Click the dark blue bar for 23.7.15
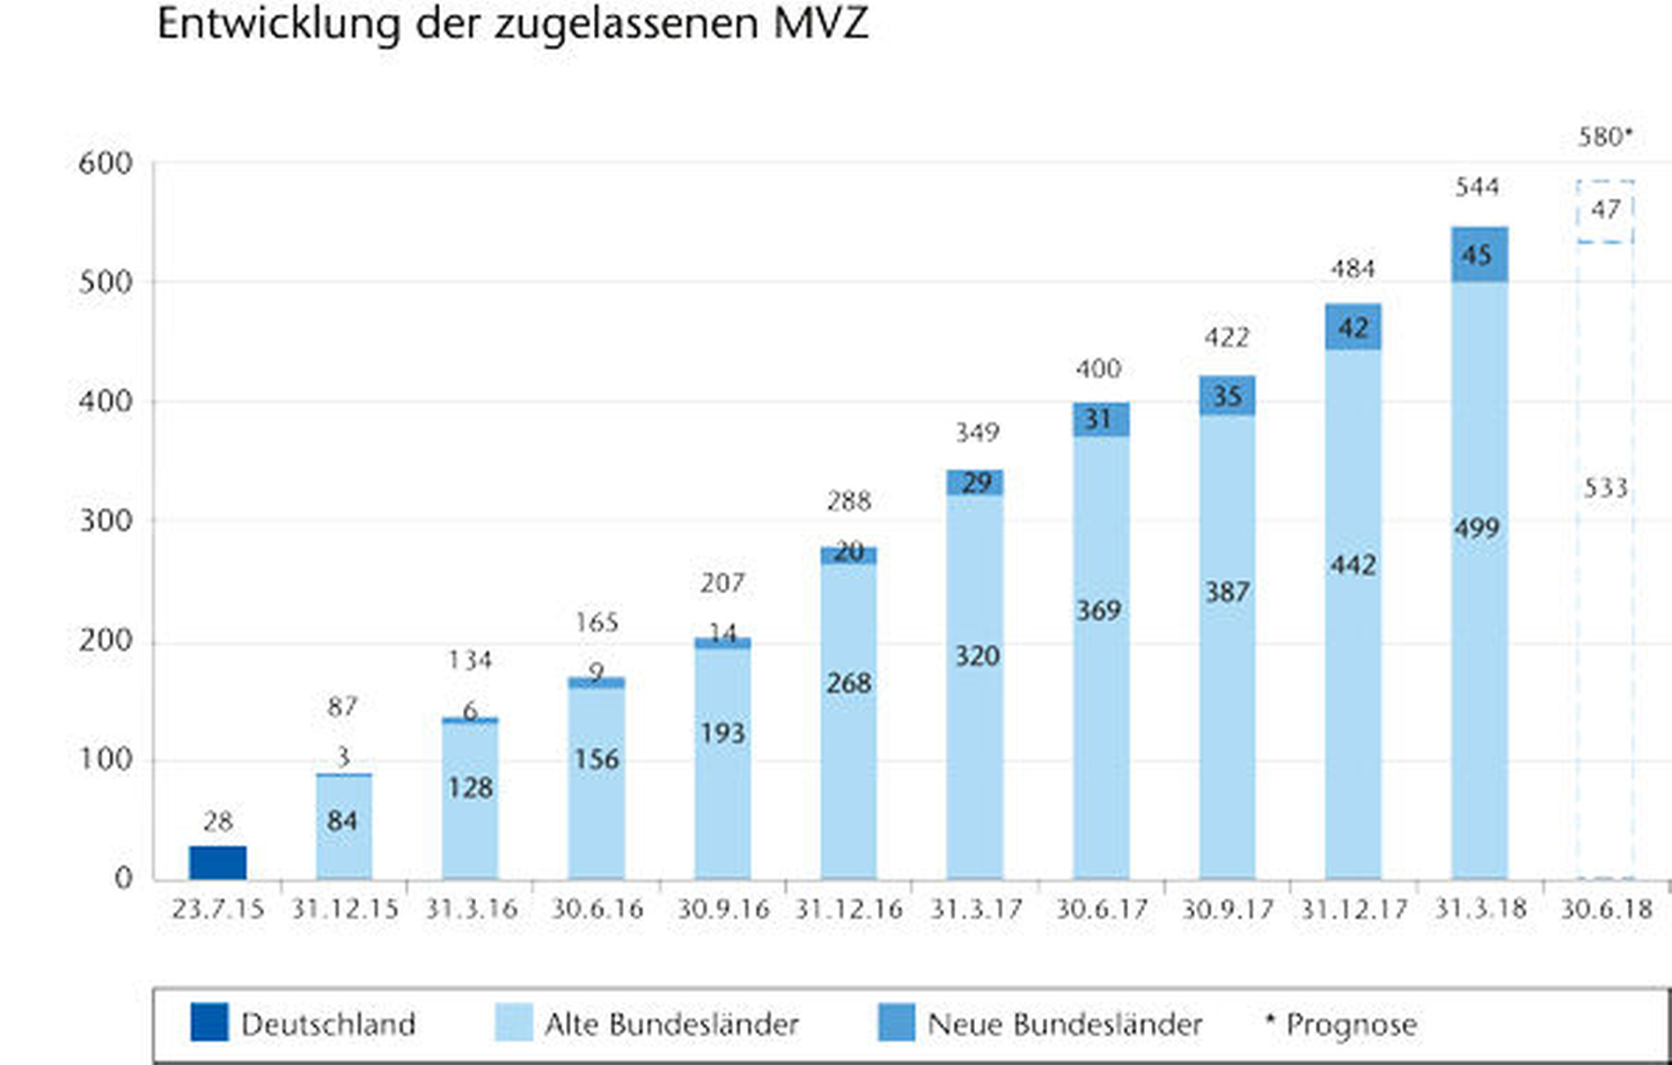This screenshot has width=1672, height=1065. coord(217,863)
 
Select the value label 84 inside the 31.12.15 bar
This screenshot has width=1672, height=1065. coord(342,821)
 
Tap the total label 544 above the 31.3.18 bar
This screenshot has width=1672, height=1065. coord(1477,187)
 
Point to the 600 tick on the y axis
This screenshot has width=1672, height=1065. coord(106,164)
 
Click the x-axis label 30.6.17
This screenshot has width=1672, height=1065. coord(1102,908)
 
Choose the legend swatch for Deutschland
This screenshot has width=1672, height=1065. coord(209,1023)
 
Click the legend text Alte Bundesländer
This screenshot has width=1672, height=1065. coord(671,1025)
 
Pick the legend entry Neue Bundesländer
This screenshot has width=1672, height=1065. coord(1065,1025)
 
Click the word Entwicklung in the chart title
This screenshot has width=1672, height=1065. coord(278,25)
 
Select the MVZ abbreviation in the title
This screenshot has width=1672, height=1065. coord(821,23)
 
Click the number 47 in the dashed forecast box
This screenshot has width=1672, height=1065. coord(1605,209)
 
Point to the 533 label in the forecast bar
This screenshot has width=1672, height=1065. coord(1605,488)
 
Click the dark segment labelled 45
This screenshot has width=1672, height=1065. coord(1478,255)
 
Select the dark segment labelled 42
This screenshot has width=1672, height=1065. coord(1353,327)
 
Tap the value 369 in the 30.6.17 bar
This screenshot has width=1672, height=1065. coord(1099,610)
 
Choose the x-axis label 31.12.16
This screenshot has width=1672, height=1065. coord(849,908)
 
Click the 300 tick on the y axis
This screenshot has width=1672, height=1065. coord(106,521)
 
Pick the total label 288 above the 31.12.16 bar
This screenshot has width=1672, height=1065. coord(848,501)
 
